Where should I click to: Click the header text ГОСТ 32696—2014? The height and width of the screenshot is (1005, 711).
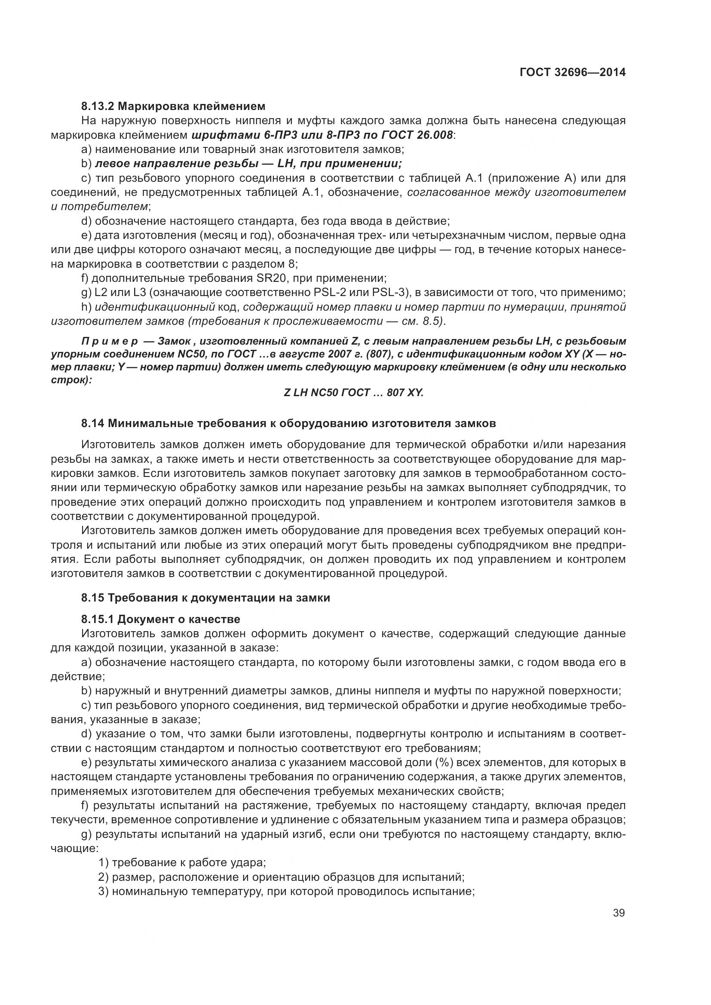click(572, 72)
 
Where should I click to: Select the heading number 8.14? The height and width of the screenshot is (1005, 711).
click(92, 423)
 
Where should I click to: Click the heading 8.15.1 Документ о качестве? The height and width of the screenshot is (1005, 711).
click(161, 620)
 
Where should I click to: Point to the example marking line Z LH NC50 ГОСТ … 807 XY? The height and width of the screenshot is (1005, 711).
click(354, 393)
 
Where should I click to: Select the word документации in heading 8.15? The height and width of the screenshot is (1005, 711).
click(225, 598)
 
